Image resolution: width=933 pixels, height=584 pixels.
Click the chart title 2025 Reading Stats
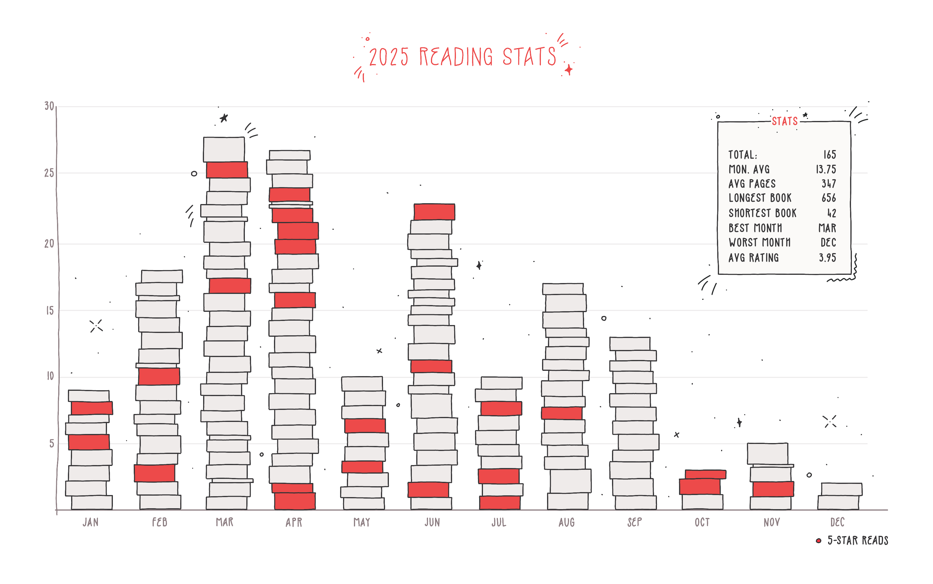(x=462, y=57)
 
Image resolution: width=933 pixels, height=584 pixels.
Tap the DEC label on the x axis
(x=837, y=522)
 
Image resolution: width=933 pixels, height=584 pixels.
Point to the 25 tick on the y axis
(x=49, y=173)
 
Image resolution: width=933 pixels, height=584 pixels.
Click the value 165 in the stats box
(x=829, y=154)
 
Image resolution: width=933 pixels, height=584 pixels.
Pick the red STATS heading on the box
(x=785, y=121)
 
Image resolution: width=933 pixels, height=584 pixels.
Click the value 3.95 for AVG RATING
(x=827, y=258)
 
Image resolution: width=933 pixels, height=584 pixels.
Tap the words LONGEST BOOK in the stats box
(x=760, y=198)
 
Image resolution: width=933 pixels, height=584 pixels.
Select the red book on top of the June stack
(x=434, y=212)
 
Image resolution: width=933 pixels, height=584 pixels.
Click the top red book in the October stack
(x=705, y=474)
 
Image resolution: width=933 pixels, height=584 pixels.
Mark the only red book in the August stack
(x=561, y=413)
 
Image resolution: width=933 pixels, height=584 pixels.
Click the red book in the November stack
(x=773, y=489)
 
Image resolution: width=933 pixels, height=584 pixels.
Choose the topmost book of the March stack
(x=224, y=149)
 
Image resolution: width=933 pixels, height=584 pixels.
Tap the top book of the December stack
(x=841, y=489)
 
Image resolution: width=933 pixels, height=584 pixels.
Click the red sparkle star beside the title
(x=569, y=70)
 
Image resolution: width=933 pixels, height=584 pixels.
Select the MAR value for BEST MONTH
(x=827, y=228)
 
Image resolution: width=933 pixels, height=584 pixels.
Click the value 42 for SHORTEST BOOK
(x=831, y=213)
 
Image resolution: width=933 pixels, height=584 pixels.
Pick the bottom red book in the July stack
(x=499, y=502)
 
